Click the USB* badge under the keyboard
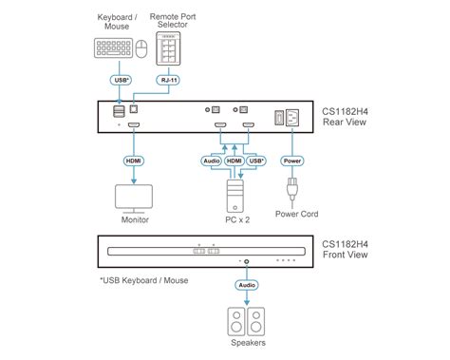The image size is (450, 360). (121, 81)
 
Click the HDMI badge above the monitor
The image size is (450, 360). (134, 161)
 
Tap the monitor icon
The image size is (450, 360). (134, 197)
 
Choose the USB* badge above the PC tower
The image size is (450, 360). (255, 161)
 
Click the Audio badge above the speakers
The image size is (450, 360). (246, 283)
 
